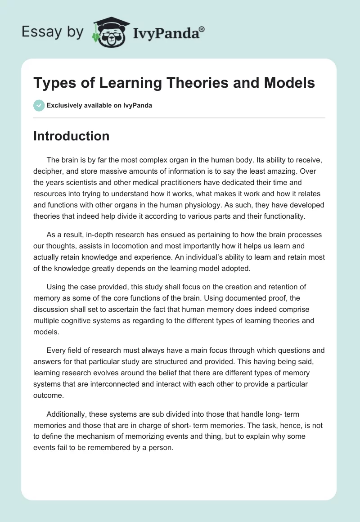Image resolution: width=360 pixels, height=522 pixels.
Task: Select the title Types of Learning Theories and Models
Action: point(174,83)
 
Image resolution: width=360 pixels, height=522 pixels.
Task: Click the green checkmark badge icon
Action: point(39,105)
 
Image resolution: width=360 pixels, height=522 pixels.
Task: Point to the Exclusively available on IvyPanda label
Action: point(99,106)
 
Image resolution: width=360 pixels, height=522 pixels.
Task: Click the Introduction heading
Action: point(71,136)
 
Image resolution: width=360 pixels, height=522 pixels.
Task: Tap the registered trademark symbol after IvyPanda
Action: point(202,29)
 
